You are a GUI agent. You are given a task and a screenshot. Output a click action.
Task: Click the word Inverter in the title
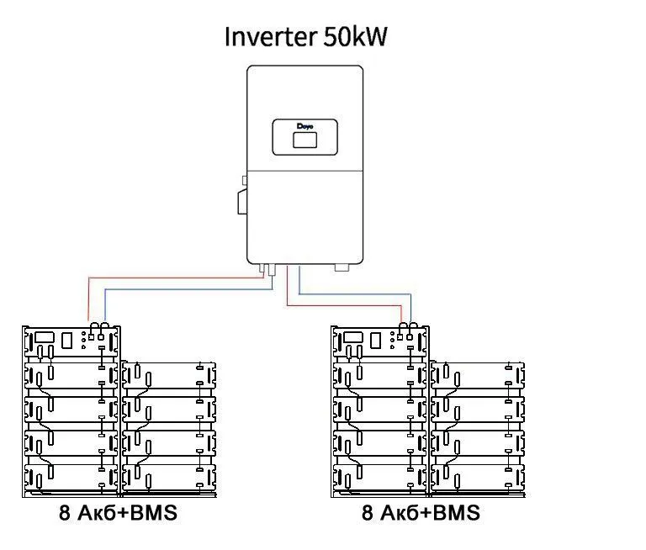tap(271, 36)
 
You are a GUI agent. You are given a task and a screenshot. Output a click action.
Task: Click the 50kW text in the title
tap(355, 36)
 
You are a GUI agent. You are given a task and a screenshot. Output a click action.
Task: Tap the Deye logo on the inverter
tap(304, 126)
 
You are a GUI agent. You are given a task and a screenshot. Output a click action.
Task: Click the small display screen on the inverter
tap(304, 140)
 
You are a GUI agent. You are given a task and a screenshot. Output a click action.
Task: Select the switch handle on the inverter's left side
tap(242, 202)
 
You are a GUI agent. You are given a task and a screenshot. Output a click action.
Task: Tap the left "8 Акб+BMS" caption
tap(119, 513)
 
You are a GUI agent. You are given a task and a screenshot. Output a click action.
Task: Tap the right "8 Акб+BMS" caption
tap(421, 513)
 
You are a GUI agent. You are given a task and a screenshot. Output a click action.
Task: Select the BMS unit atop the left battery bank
tap(71, 341)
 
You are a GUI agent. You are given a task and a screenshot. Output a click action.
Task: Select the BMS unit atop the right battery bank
tap(380, 341)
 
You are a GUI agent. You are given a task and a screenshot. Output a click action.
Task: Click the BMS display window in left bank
tap(45, 337)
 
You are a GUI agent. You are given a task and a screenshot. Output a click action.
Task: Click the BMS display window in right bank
tap(353, 337)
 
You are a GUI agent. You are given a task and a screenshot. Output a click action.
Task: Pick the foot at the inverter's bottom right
tap(342, 267)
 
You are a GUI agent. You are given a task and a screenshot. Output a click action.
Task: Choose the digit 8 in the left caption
tap(65, 513)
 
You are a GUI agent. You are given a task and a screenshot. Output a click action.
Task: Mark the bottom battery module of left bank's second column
tap(169, 478)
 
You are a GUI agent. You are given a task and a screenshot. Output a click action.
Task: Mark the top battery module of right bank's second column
tap(478, 376)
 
